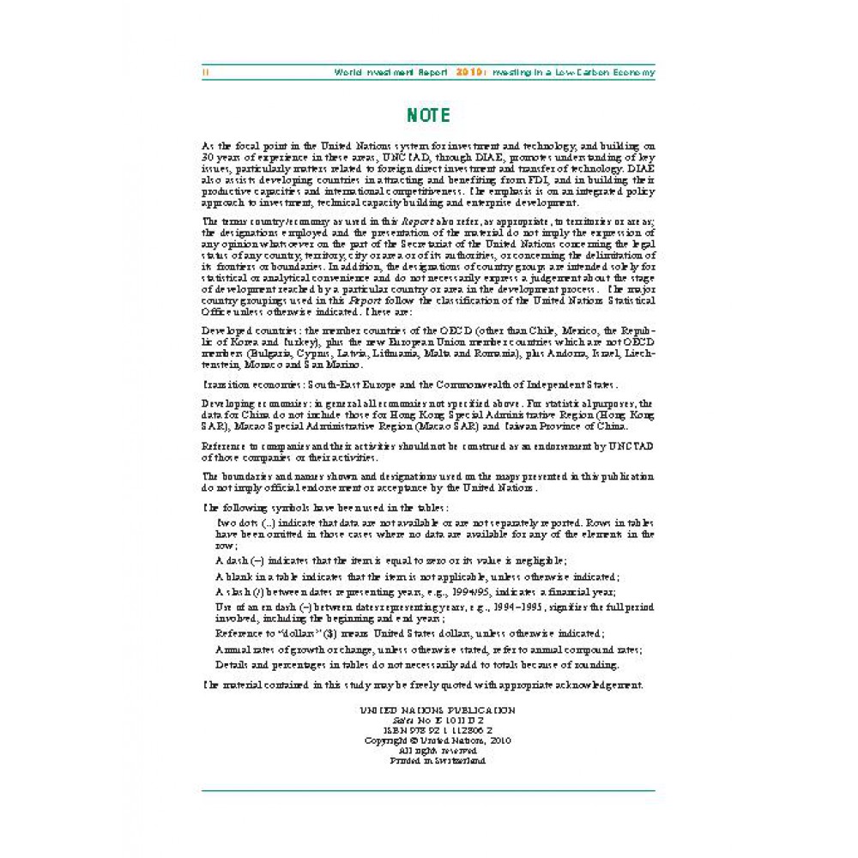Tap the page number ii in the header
click(205, 73)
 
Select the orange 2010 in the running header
click(468, 73)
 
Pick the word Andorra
click(556, 353)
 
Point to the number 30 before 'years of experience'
click(208, 157)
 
